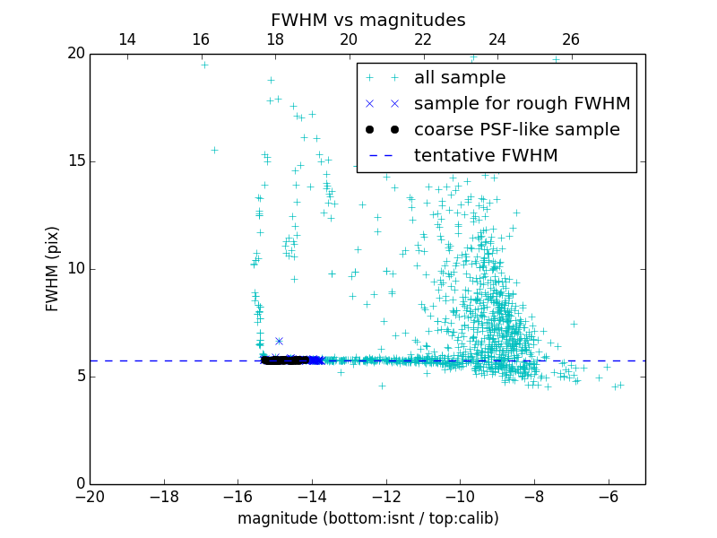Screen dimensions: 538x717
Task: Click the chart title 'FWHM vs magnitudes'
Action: coord(367,20)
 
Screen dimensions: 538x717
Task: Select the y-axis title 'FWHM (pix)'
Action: coord(53,268)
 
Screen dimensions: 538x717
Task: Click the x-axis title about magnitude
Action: coord(367,518)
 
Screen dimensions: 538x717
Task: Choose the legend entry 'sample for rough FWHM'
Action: coord(522,103)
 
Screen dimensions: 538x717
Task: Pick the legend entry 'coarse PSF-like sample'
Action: coord(516,129)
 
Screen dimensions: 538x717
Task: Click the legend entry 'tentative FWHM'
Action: coord(486,155)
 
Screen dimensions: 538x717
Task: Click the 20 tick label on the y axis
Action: coord(74,54)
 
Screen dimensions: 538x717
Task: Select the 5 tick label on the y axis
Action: coord(79,377)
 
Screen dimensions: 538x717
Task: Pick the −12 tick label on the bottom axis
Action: coord(386,496)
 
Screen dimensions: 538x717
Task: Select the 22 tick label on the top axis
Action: coord(423,39)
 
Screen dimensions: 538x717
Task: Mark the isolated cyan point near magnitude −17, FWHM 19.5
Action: coord(204,65)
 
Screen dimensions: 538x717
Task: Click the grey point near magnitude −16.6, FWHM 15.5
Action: coord(214,150)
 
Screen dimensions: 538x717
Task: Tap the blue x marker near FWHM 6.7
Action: coord(279,341)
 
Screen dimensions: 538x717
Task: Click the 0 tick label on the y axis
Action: coord(79,484)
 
